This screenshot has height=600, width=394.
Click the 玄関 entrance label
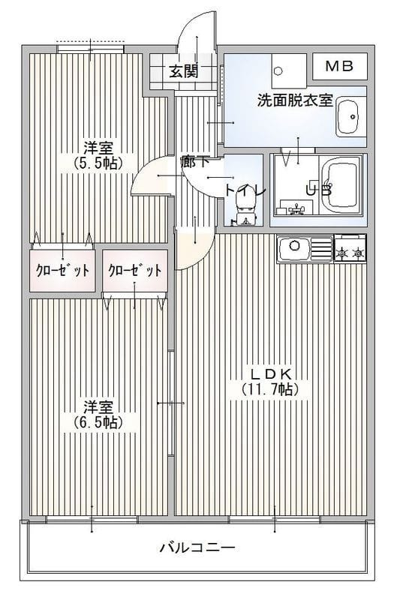pyautogui.click(x=183, y=72)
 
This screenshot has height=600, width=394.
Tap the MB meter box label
pyautogui.click(x=340, y=66)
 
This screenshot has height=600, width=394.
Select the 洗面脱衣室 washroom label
pyautogui.click(x=295, y=100)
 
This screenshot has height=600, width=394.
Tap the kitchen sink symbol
pyautogui.click(x=295, y=247)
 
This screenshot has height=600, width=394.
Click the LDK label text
pyautogui.click(x=270, y=374)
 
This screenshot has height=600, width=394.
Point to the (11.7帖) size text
pyautogui.click(x=270, y=389)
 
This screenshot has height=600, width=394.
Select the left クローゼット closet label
pyautogui.click(x=62, y=271)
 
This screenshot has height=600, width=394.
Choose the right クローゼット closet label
pyautogui.click(x=134, y=271)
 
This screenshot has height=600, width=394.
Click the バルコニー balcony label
pyautogui.click(x=197, y=547)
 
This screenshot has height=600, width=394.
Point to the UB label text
pyautogui.click(x=318, y=190)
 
